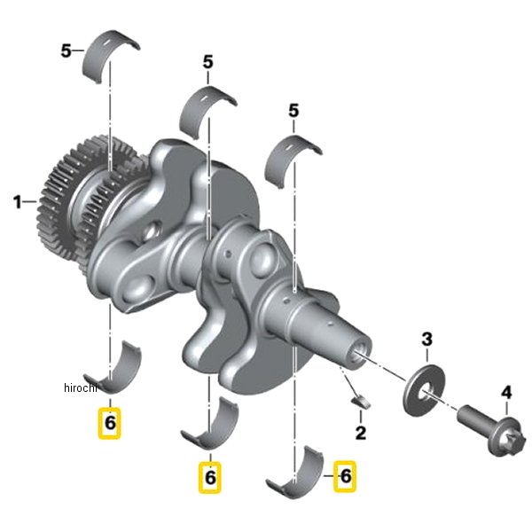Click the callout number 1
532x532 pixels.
click(x=18, y=202)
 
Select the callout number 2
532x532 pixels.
click(x=361, y=433)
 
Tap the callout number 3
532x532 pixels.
click(x=426, y=340)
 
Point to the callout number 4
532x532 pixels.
click(x=506, y=393)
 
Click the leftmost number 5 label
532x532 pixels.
click(x=66, y=51)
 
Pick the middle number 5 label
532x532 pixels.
click(x=208, y=62)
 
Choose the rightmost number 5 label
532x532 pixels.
click(x=293, y=111)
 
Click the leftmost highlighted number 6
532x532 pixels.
click(x=110, y=423)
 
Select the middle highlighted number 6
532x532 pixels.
click(x=210, y=477)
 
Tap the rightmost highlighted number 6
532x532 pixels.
click(x=345, y=476)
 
